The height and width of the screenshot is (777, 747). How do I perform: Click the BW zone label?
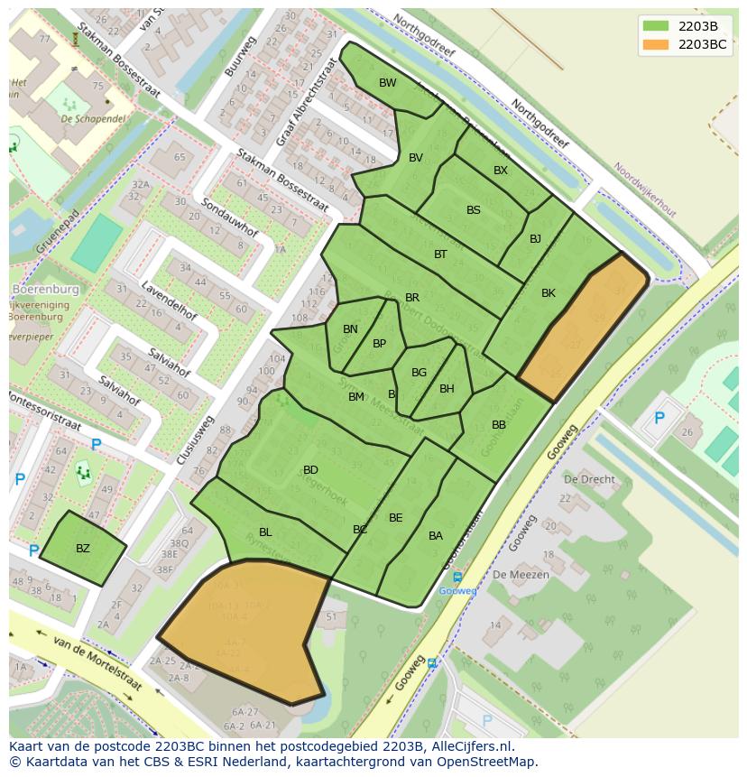[388, 83]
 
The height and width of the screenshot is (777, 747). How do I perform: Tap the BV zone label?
[416, 158]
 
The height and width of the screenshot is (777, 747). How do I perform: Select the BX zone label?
[501, 171]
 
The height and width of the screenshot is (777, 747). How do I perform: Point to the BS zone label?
[474, 210]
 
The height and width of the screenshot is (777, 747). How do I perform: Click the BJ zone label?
[535, 239]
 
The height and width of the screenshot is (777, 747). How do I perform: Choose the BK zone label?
[549, 293]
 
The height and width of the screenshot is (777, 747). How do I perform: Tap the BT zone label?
[440, 254]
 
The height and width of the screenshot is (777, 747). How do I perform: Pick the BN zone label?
[350, 329]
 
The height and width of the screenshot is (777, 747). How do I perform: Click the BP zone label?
[379, 344]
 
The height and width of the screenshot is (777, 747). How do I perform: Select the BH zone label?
[447, 389]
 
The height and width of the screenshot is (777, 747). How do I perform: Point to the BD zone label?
[310, 470]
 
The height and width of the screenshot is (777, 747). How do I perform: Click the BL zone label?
[265, 532]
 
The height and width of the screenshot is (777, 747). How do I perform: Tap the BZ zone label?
[83, 549]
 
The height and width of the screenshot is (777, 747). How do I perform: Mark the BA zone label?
[436, 536]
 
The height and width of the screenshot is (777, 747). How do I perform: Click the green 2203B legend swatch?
[657, 26]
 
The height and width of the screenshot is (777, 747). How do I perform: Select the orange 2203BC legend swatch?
[657, 44]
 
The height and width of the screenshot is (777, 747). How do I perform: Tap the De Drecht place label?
[589, 479]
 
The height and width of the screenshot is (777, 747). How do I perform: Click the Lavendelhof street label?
[169, 301]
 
